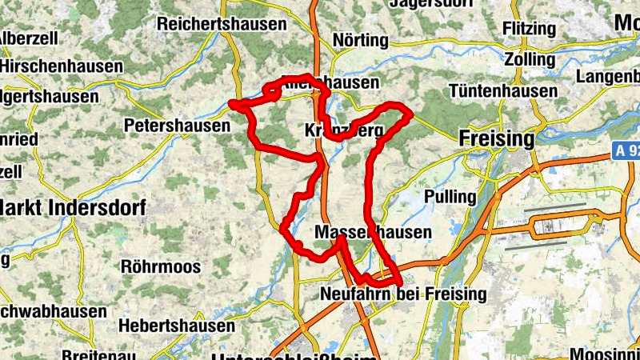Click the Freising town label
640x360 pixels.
(497, 139)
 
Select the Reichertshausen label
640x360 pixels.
(222, 24)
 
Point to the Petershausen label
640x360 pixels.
(177, 126)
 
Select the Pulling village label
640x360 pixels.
(450, 197)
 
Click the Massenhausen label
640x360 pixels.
(374, 233)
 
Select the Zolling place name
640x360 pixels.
(529, 60)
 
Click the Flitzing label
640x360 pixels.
(529, 29)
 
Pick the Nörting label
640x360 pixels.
(360, 40)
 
